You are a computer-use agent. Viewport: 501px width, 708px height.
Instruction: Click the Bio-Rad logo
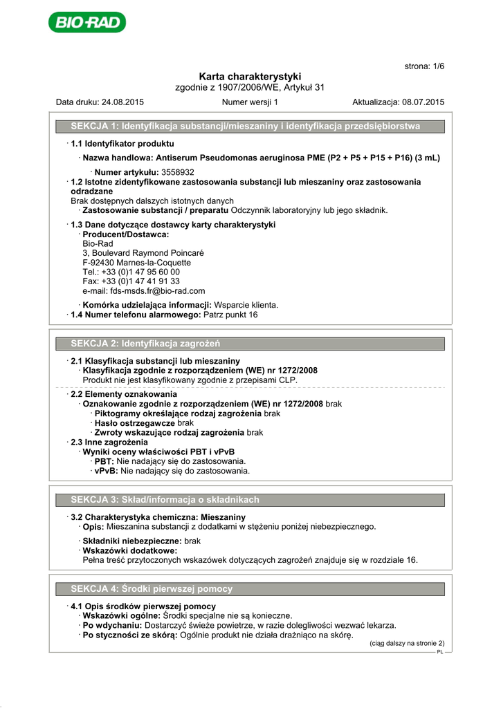point(87,22)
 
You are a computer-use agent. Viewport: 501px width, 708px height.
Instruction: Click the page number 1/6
point(424,66)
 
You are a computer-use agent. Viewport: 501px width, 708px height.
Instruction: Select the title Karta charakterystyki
point(250,76)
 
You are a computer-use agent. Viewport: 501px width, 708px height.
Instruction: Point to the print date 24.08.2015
point(122,102)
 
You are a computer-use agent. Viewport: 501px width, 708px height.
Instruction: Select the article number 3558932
point(177,171)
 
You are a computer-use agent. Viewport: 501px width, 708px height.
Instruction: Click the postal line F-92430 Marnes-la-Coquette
point(136,263)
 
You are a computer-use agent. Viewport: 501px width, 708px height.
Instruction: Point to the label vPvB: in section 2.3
point(106,471)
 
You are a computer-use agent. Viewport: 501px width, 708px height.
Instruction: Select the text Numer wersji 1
point(250,102)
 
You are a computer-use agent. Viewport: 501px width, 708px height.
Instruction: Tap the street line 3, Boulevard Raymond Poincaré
point(143,253)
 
